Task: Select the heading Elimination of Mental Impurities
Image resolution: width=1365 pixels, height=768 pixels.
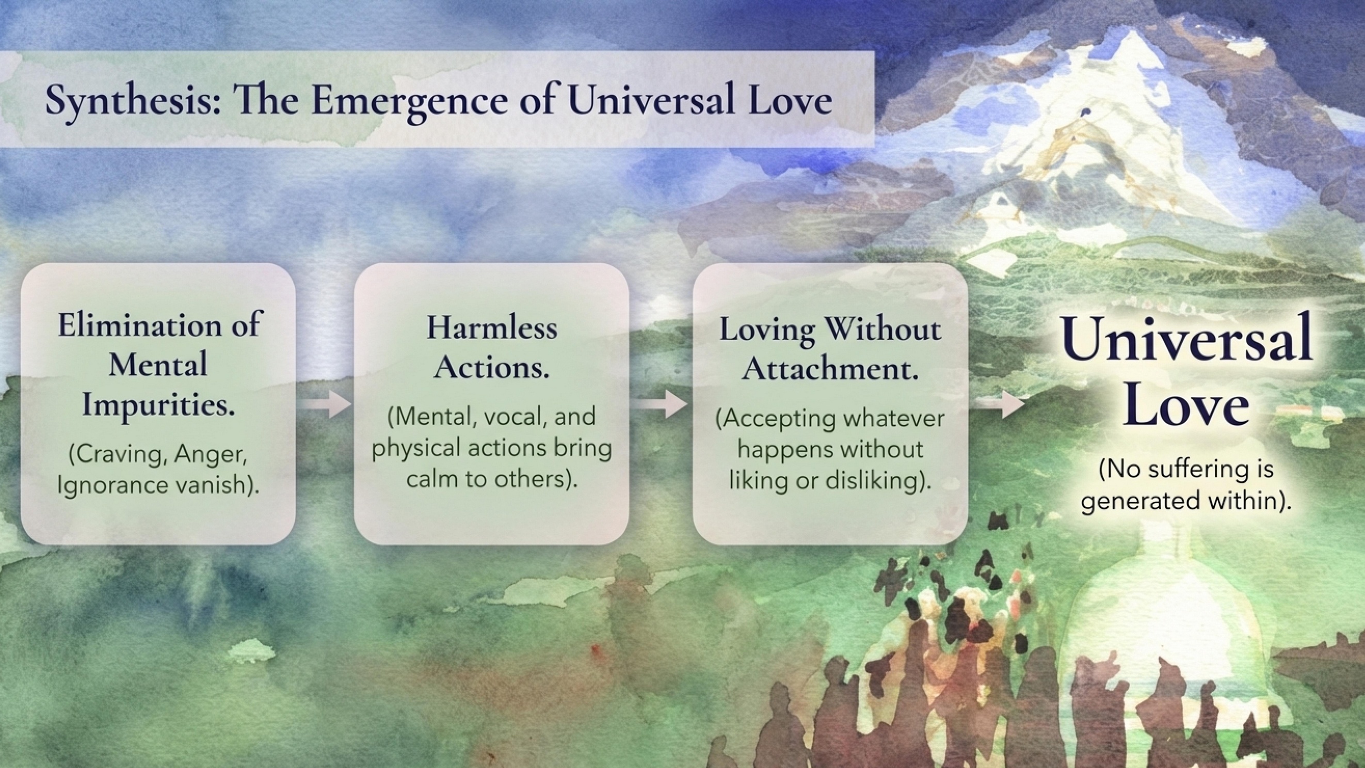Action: (x=158, y=365)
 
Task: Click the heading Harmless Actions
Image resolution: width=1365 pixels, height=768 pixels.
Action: (x=492, y=347)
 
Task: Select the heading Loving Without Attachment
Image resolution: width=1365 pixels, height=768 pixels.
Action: (x=830, y=349)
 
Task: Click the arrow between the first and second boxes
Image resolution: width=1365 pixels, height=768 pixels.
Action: (x=325, y=404)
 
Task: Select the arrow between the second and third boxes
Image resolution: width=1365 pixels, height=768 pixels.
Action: (x=661, y=405)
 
